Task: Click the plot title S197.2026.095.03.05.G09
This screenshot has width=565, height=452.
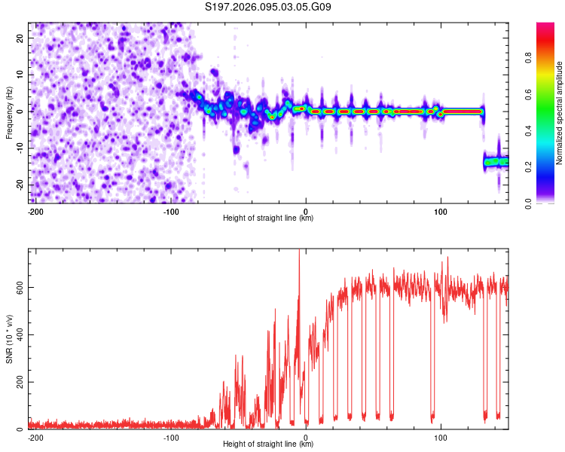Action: tap(268, 8)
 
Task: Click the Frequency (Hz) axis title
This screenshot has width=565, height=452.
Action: tap(9, 111)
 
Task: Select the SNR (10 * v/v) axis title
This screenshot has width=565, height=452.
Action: tap(9, 338)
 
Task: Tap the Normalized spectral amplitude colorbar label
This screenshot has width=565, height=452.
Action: tap(559, 113)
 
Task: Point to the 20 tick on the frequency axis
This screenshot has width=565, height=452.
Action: tap(20, 38)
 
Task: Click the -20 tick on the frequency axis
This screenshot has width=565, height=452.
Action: tap(19, 185)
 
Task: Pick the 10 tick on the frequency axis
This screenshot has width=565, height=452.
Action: tap(20, 75)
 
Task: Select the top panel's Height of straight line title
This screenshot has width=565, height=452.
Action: tap(268, 218)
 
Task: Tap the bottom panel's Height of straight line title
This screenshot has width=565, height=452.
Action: tap(268, 444)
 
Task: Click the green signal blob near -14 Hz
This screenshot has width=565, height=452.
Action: tap(493, 161)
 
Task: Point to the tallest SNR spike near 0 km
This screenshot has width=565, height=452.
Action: tap(299, 252)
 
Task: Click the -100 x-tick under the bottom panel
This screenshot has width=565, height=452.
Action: tap(170, 437)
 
